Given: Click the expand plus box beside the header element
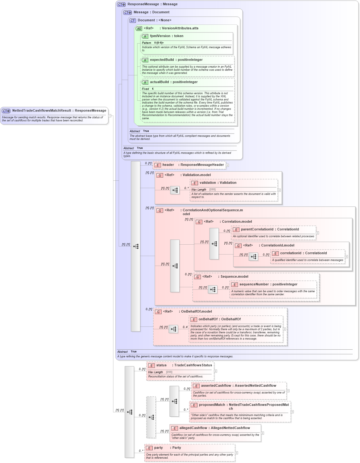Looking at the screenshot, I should pyautogui.click(x=227, y=165).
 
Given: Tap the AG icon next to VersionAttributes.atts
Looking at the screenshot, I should pyautogui.click(x=139, y=29).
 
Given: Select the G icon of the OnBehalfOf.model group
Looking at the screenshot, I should pyautogui.click(x=158, y=312).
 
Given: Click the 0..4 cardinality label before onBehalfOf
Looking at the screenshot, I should pyautogui.click(x=185, y=327).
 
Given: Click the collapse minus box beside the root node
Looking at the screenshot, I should pyautogui.click(x=110, y=116).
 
